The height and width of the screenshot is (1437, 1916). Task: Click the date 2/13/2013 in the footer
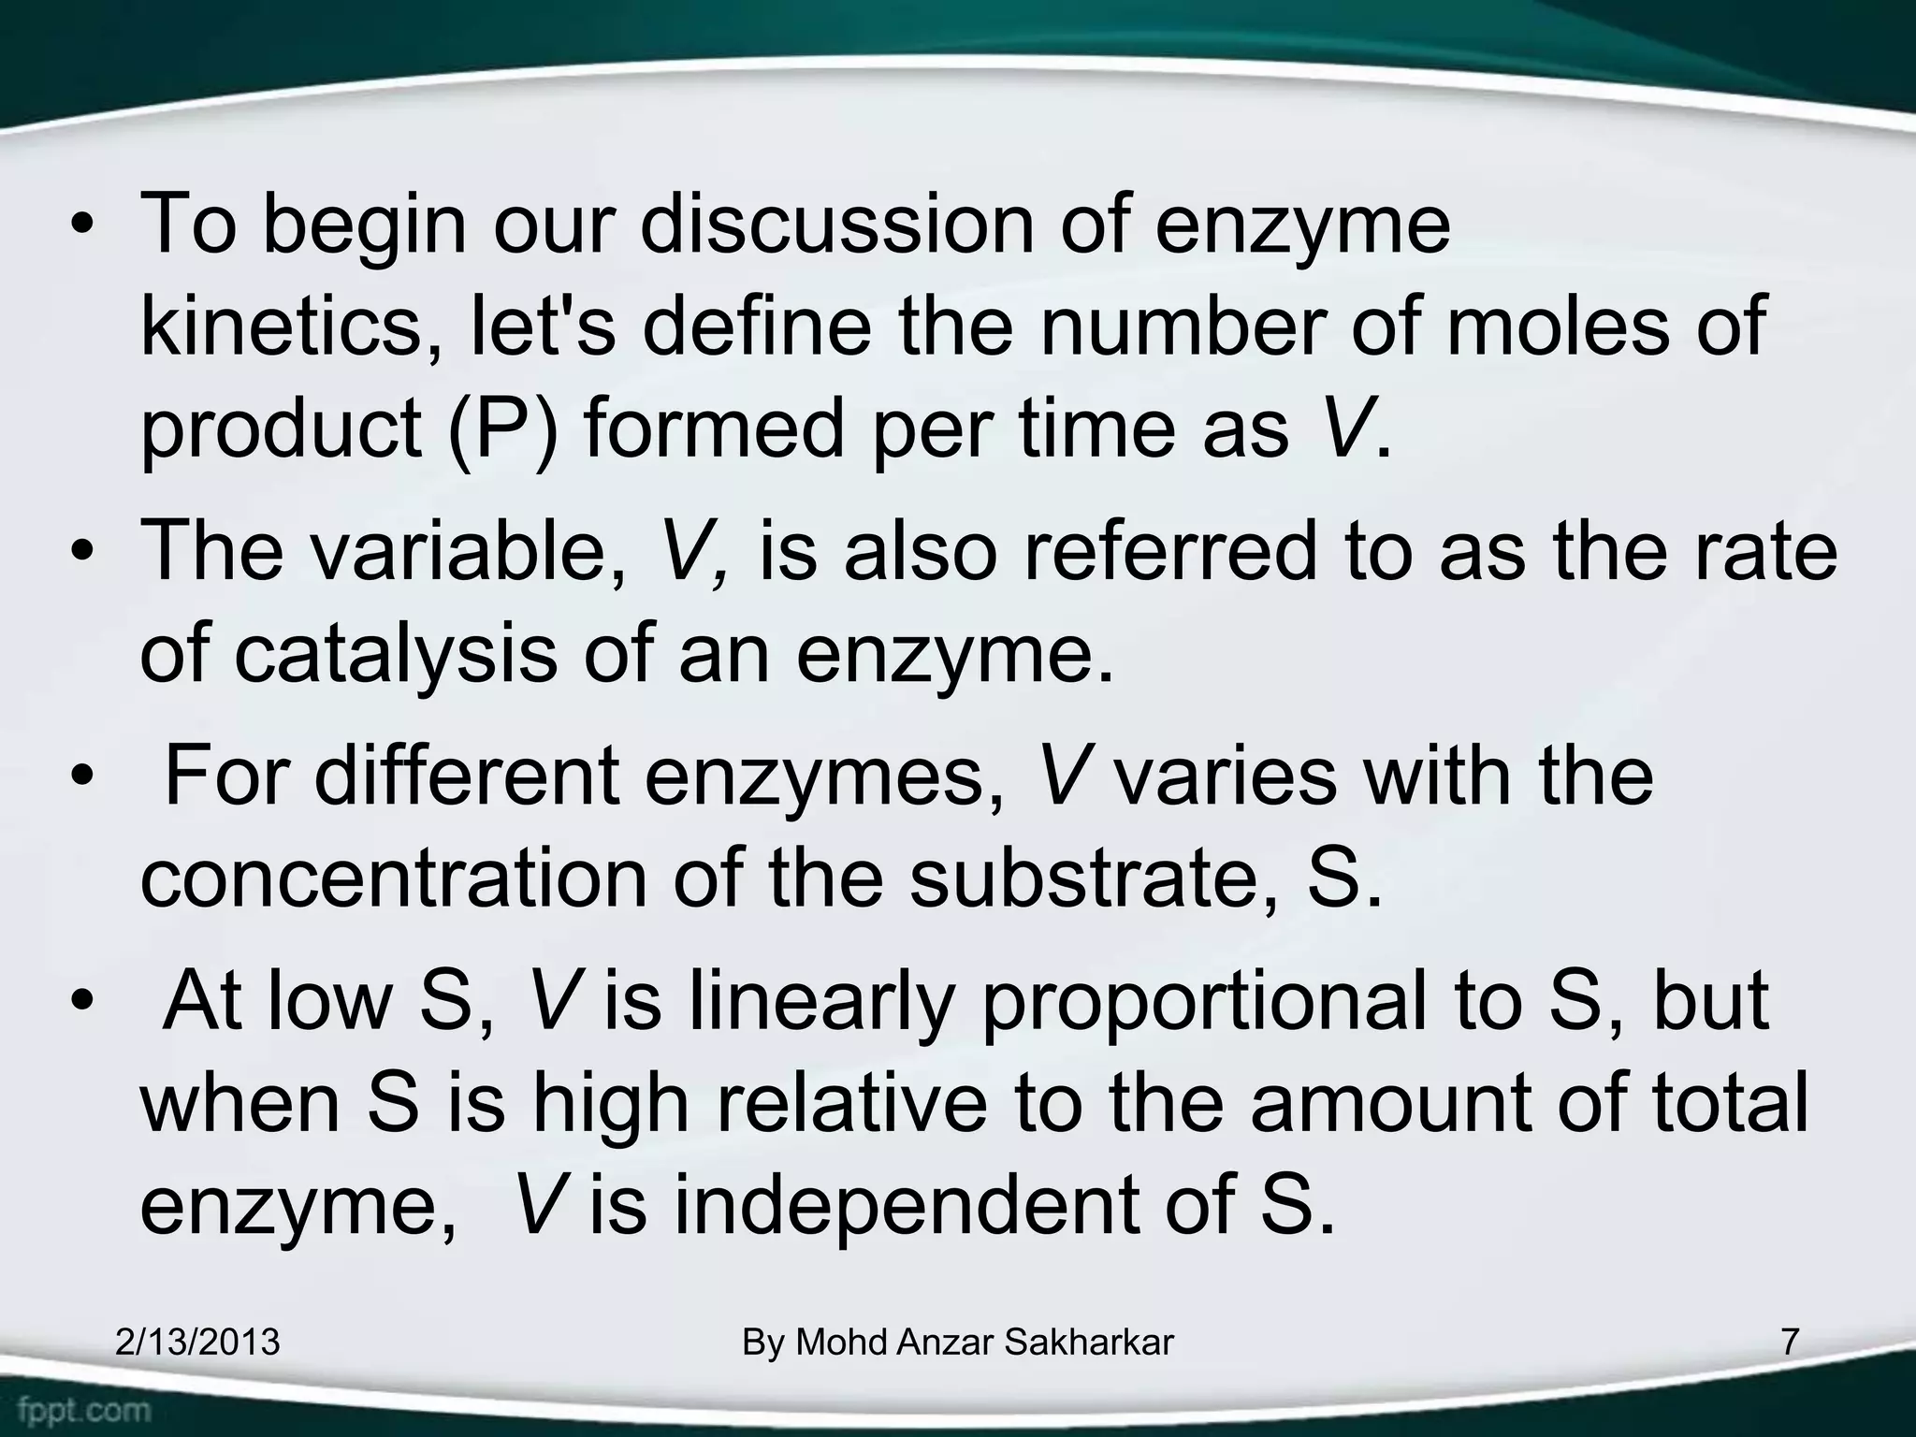197,1343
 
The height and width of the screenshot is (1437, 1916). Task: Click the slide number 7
1790,1343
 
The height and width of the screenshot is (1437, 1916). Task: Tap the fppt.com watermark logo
84,1409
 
